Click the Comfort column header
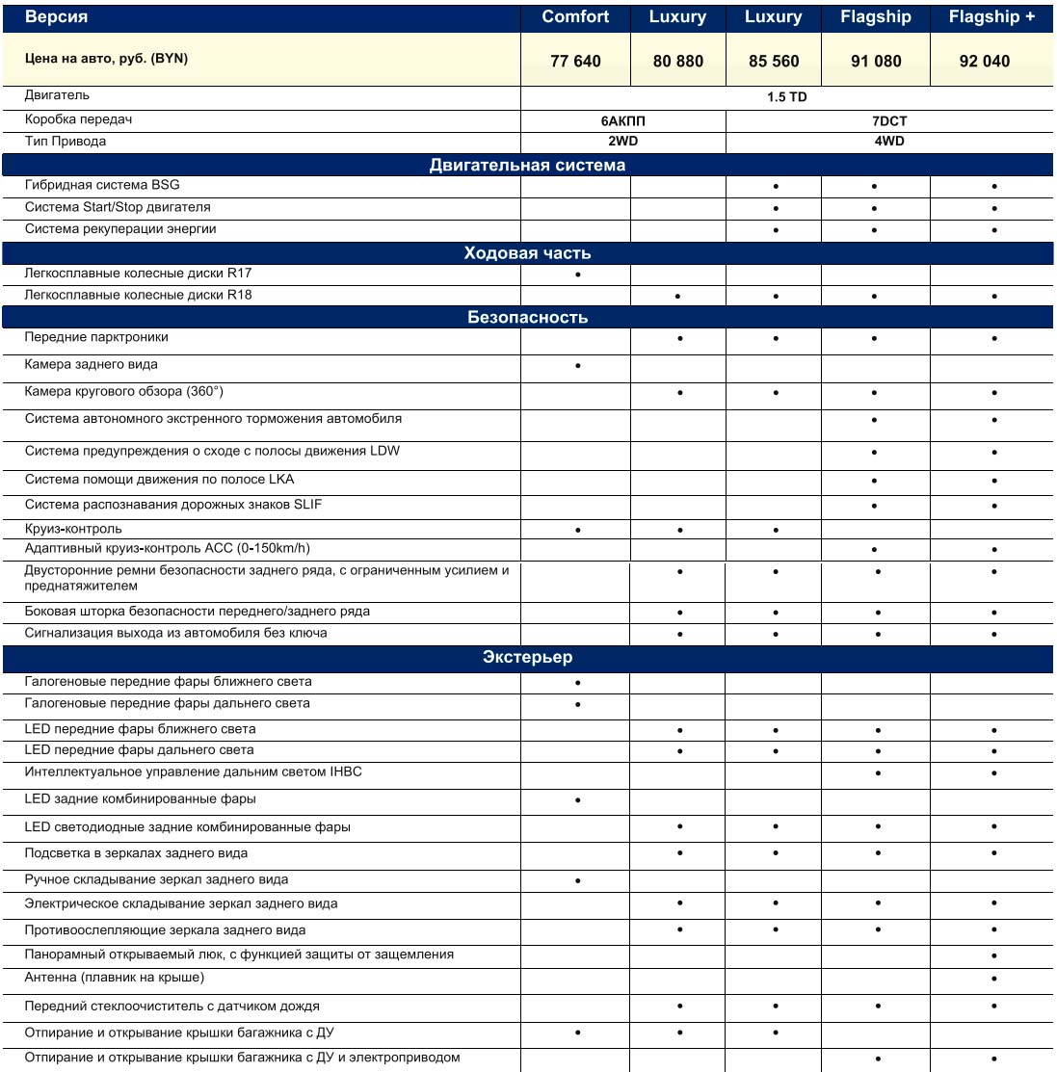[x=575, y=16]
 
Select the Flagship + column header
[x=991, y=16]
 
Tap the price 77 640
[x=575, y=61]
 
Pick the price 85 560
[x=774, y=61]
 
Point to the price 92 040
[x=985, y=61]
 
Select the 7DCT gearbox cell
[x=890, y=121]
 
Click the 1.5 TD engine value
[x=787, y=97]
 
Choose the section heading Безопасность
[x=527, y=317]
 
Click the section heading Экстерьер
[x=527, y=657]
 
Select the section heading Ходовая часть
[x=527, y=253]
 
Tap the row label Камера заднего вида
[x=92, y=365]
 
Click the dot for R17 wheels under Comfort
[x=577, y=275]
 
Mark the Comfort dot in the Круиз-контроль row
[x=577, y=530]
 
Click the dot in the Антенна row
[x=994, y=979]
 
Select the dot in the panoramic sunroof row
[x=994, y=955]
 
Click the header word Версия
[x=56, y=16]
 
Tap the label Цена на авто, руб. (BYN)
[x=106, y=59]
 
